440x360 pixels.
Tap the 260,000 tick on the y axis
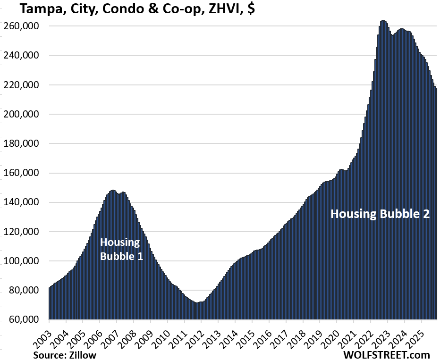[22, 26]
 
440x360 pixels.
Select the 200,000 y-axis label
[22, 115]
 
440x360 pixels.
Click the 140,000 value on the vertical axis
[22, 202]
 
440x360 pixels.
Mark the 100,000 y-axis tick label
[22, 261]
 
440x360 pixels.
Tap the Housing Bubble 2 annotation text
[380, 214]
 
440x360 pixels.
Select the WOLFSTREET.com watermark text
[387, 354]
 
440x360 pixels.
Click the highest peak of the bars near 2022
[382, 21]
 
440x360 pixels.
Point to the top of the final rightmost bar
[436, 89]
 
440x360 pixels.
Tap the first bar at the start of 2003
[50, 288]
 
